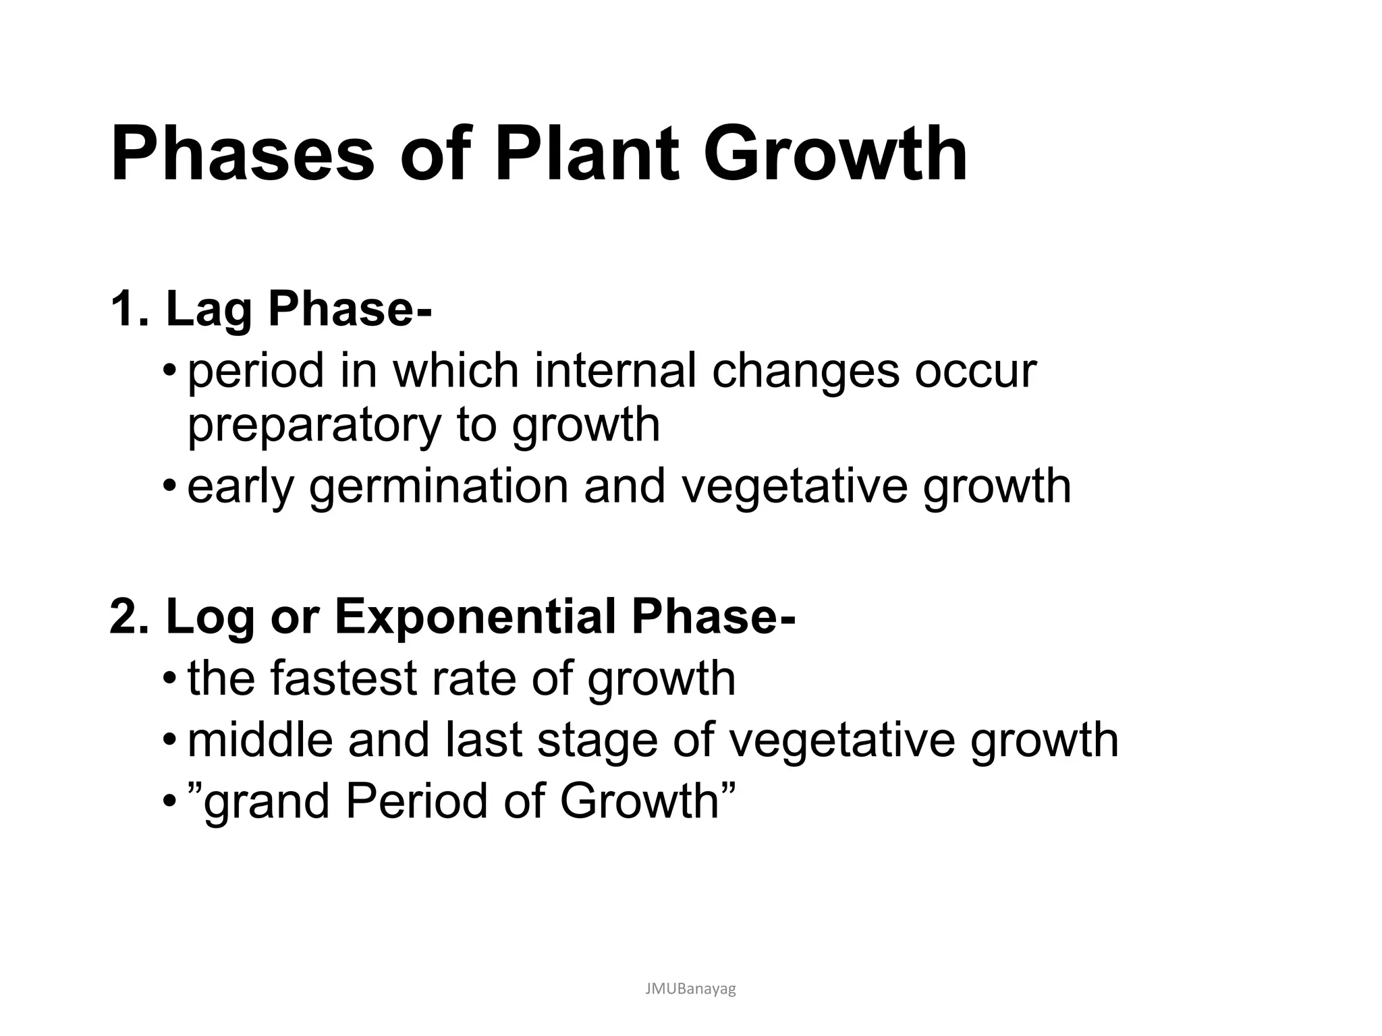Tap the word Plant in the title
coord(586,155)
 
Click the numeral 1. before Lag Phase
coord(128,309)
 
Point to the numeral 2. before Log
coord(128,616)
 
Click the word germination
coord(439,487)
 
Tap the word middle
coord(260,740)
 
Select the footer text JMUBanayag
coord(690,989)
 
